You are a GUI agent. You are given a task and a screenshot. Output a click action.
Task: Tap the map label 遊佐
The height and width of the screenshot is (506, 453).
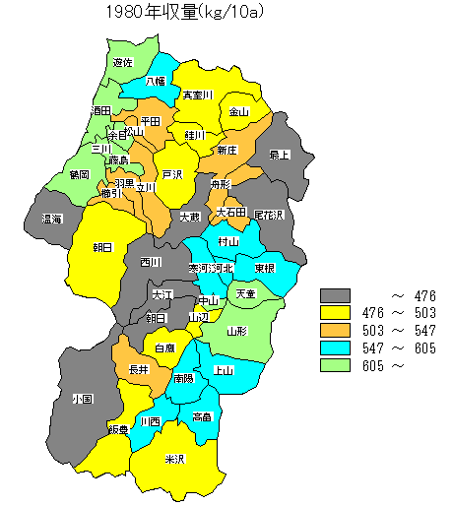[123, 63]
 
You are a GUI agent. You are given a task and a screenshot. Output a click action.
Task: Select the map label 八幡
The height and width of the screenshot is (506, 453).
[157, 83]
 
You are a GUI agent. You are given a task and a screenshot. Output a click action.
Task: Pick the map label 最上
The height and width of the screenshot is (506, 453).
[280, 155]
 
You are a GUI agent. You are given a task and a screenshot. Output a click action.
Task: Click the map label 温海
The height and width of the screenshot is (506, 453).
[52, 219]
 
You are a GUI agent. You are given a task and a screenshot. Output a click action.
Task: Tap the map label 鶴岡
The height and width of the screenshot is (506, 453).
[80, 174]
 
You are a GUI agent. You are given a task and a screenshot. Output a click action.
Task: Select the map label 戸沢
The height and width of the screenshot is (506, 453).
[173, 174]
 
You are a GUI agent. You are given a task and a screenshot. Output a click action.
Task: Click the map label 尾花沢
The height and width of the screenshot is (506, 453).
[268, 214]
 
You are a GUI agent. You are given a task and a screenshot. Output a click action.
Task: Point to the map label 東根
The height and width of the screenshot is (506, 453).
[264, 268]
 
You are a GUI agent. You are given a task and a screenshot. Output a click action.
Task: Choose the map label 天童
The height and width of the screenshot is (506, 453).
[245, 294]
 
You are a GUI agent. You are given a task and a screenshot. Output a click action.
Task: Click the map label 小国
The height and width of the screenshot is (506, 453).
[82, 400]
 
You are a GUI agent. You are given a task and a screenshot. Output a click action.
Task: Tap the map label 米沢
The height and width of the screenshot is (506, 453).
[174, 459]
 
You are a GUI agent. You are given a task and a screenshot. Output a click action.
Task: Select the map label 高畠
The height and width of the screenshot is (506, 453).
[203, 416]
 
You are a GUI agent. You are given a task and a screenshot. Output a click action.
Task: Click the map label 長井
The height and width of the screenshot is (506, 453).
[139, 369]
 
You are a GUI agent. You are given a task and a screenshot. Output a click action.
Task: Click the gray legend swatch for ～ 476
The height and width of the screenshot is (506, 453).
[337, 294]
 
